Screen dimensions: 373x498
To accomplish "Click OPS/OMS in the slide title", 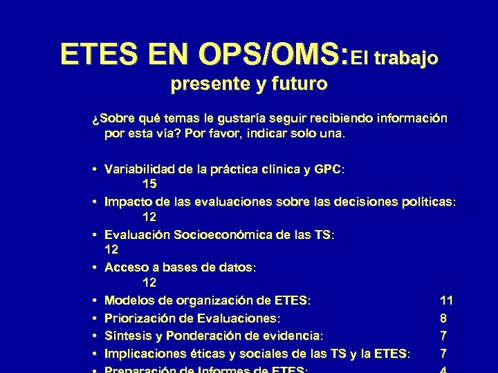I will [x=272, y=53].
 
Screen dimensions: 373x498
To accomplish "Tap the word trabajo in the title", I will [x=405, y=58].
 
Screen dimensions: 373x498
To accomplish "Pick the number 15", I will [x=149, y=184].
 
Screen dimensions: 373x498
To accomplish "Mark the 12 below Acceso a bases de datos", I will [x=149, y=283].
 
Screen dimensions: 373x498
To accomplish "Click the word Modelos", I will [x=128, y=300].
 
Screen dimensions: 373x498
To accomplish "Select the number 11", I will [x=446, y=300].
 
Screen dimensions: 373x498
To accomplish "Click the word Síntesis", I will [x=128, y=336].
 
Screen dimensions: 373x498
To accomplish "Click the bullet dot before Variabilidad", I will [x=92, y=169].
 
